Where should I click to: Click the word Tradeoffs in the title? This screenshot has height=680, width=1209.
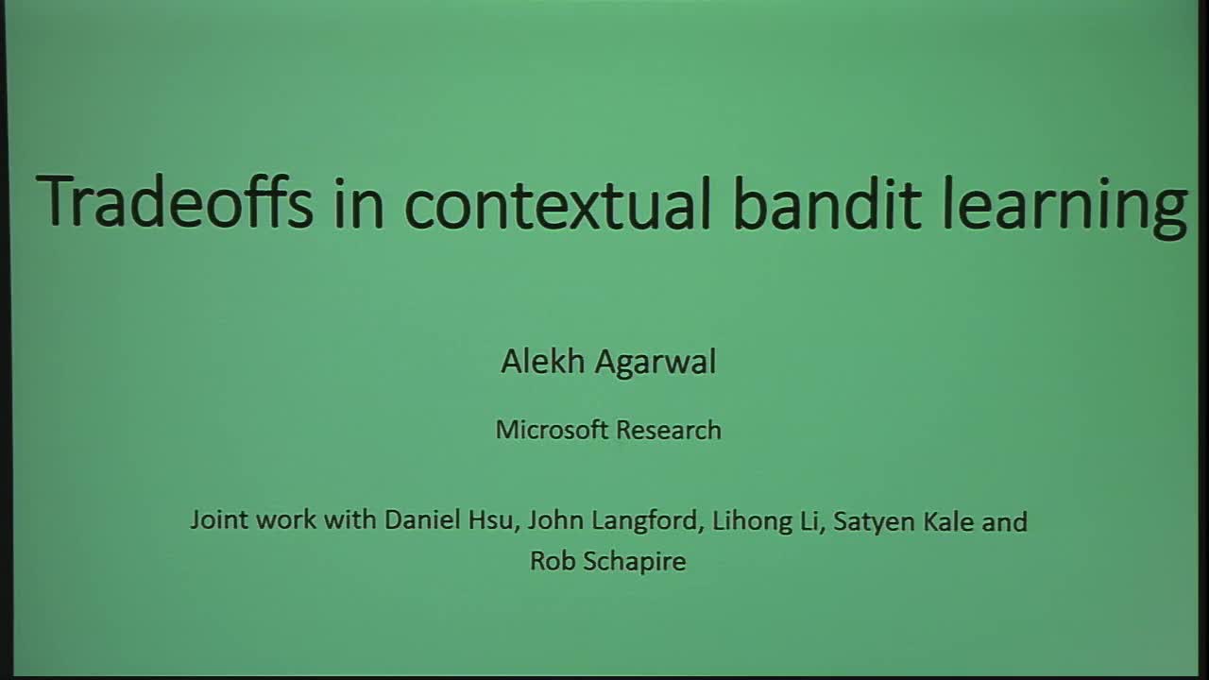[x=175, y=202]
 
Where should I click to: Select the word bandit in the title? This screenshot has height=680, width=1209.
[x=826, y=202]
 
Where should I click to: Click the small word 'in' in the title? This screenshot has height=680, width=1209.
[x=359, y=202]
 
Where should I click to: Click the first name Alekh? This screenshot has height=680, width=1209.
[x=539, y=361]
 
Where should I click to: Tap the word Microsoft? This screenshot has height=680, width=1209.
[x=552, y=430]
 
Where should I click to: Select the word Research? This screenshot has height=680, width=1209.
[x=668, y=430]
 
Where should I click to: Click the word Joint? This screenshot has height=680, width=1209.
[x=217, y=520]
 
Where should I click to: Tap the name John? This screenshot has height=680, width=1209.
[x=552, y=520]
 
